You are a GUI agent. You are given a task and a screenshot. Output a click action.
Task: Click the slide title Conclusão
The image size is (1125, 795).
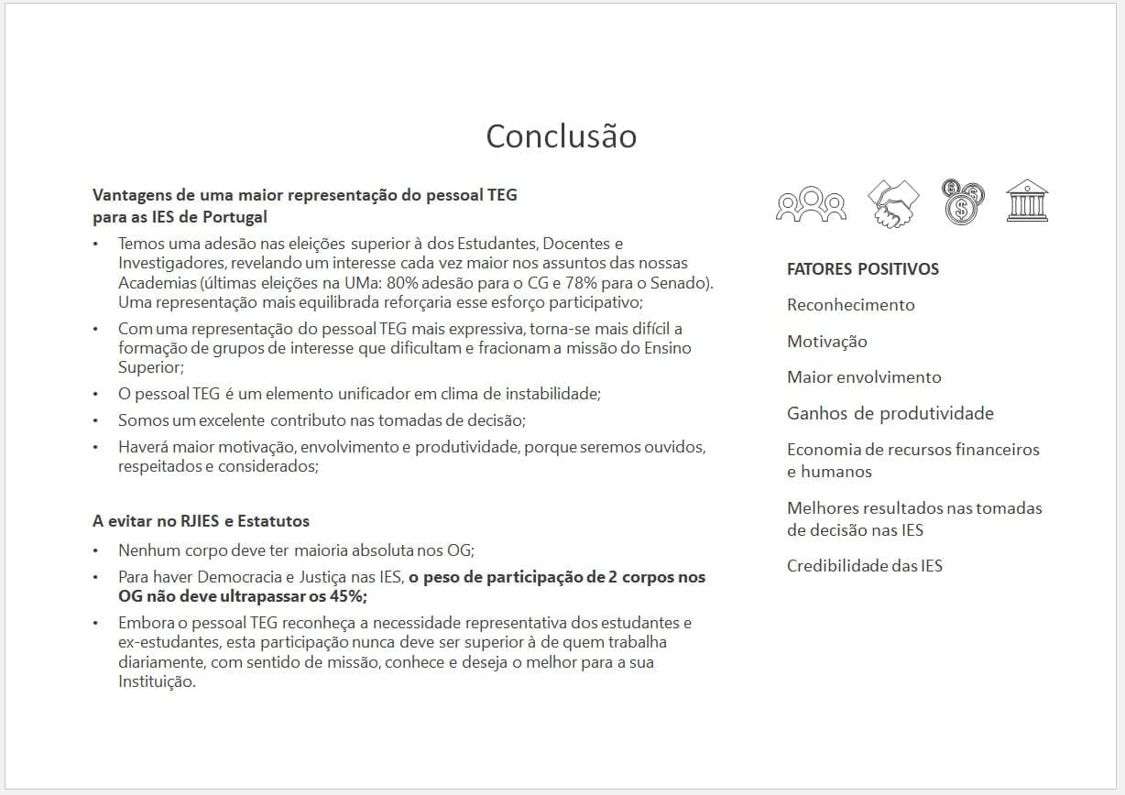coord(561,136)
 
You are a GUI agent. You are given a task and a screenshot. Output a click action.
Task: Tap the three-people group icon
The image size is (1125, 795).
coord(810,202)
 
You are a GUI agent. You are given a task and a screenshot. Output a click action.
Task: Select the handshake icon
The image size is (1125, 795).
coord(892,202)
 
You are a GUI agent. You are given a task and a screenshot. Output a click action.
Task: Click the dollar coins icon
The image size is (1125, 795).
coord(962,201)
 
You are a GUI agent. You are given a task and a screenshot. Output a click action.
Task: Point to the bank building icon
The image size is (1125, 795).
coord(1027,201)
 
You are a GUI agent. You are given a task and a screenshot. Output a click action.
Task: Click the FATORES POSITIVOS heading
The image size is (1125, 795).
coord(862,269)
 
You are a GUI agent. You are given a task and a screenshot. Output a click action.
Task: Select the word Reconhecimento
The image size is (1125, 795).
coord(850,305)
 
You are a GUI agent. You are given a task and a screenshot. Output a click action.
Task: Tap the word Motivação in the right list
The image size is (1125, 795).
coord(826,342)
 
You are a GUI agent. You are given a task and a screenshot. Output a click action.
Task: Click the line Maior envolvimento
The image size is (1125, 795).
coord(863,377)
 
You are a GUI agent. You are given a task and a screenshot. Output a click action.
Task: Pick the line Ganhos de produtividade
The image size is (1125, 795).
coord(890,413)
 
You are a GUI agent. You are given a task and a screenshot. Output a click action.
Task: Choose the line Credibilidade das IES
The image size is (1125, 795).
coord(864,566)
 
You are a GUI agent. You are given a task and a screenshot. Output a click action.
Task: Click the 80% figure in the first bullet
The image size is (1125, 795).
coord(405,284)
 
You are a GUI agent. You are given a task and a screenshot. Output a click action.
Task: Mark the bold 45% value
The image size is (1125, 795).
coord(347,596)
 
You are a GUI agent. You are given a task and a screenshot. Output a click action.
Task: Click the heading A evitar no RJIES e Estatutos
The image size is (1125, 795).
coord(201,521)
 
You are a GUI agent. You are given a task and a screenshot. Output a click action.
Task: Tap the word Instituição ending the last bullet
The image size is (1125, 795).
coord(157,682)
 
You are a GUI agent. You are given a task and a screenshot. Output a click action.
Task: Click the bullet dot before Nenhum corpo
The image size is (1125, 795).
coord(97,551)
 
